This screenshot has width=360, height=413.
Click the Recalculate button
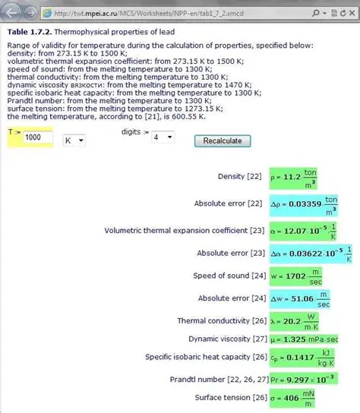coord(223,141)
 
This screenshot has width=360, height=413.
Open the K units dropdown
coord(74,140)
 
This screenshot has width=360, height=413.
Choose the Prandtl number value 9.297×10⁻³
coord(302,378)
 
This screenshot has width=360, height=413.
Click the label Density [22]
coord(240,177)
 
